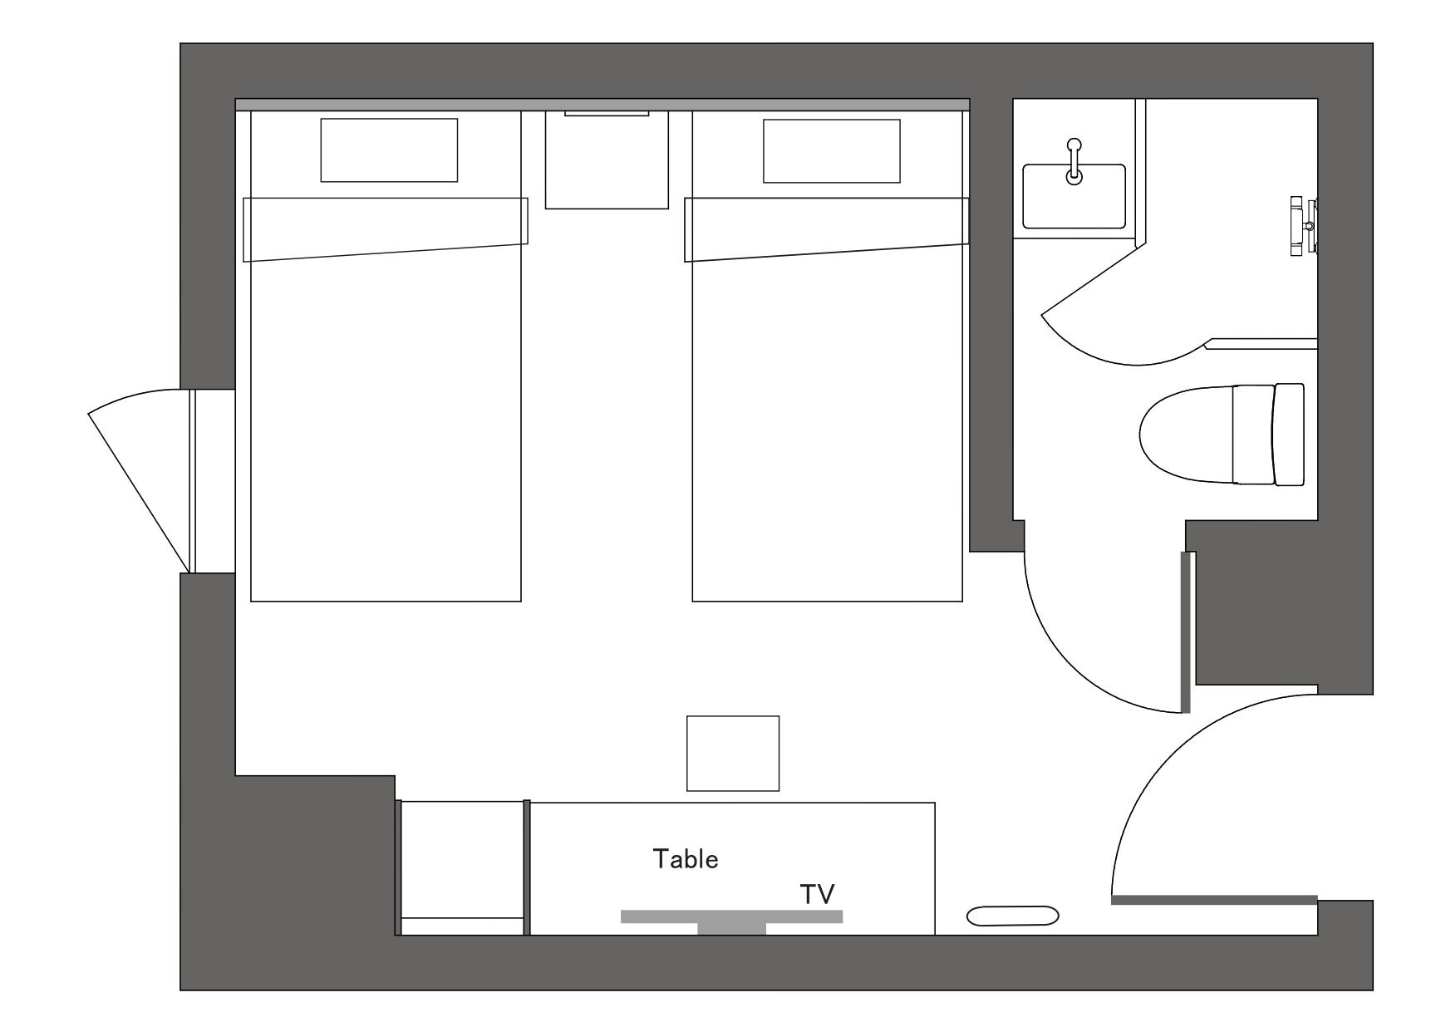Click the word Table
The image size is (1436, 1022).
(686, 859)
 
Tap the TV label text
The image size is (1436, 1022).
(817, 894)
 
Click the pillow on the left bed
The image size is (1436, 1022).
(389, 150)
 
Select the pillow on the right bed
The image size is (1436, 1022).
(831, 151)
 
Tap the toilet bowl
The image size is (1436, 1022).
(1184, 435)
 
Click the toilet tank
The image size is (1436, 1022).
(1289, 435)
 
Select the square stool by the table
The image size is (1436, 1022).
(733, 754)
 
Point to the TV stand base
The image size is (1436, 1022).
(731, 928)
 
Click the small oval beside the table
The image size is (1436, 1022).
(1012, 916)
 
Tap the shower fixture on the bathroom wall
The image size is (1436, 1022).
(1304, 226)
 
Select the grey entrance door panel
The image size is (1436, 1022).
(1214, 900)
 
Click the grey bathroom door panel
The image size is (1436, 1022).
(1186, 632)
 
